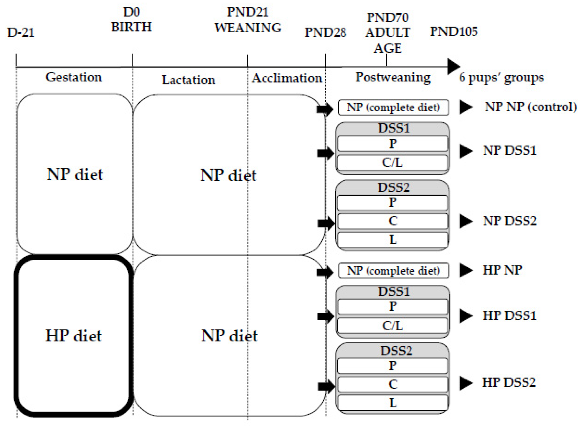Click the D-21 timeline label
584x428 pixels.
click(x=21, y=33)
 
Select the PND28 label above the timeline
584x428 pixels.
click(x=325, y=33)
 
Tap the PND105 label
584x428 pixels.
click(x=454, y=31)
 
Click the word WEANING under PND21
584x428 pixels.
click(x=248, y=28)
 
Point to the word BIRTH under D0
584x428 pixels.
click(x=132, y=27)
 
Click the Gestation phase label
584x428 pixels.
click(x=74, y=77)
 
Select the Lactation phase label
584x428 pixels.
click(x=189, y=80)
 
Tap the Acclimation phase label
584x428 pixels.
click(x=287, y=78)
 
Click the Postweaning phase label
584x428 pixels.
click(x=393, y=77)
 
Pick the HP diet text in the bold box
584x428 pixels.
click(x=74, y=336)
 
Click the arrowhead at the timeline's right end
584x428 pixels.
click(x=453, y=66)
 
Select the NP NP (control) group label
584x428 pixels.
click(x=531, y=107)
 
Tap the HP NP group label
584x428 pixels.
click(x=502, y=270)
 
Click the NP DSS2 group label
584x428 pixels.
click(x=510, y=221)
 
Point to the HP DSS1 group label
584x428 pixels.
click(x=509, y=315)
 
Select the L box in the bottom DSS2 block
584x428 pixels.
click(x=393, y=403)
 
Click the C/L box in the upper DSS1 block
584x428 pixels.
click(x=392, y=162)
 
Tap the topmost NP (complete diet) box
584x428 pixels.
click(x=393, y=107)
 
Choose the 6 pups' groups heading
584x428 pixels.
click(x=501, y=78)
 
